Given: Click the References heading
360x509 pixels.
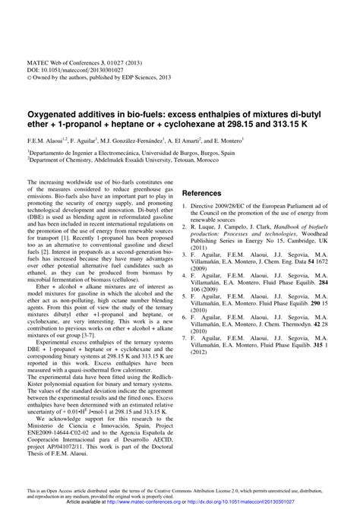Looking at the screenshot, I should [x=207, y=193].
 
